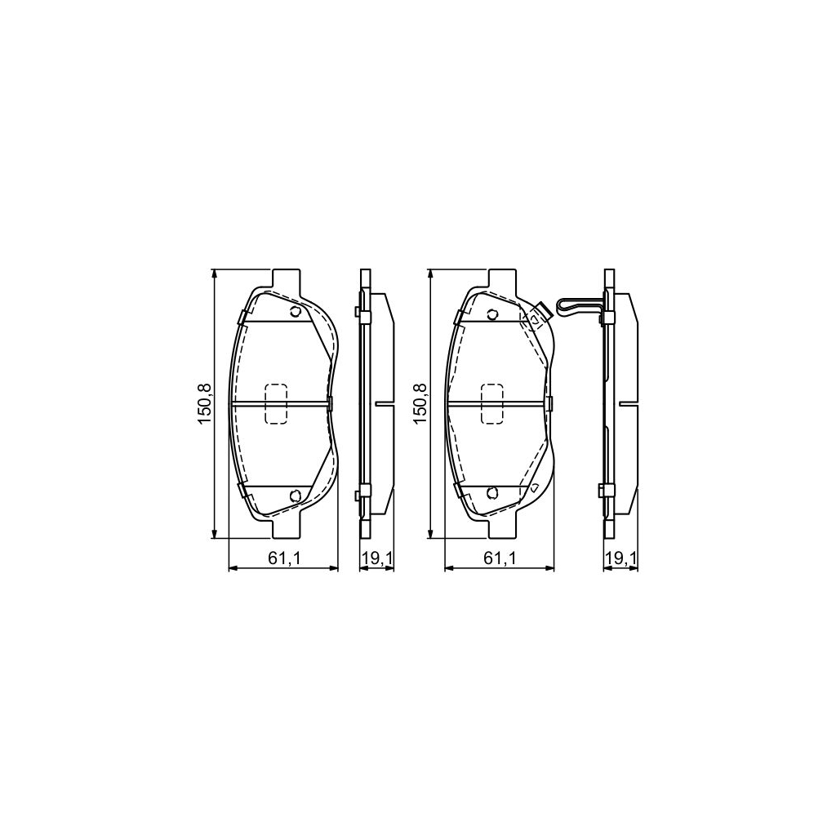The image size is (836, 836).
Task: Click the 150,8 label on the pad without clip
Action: click(x=204, y=403)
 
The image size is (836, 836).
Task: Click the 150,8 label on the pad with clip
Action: click(x=421, y=403)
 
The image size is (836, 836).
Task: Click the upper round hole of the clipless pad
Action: click(x=296, y=313)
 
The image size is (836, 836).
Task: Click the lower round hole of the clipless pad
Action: click(x=296, y=494)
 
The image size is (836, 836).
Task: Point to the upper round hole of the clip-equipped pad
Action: click(x=491, y=315)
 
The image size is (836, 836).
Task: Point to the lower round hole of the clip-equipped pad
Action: click(x=491, y=492)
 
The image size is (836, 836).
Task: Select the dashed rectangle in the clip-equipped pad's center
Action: click(x=493, y=403)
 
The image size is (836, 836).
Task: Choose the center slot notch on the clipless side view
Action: click(x=382, y=403)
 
